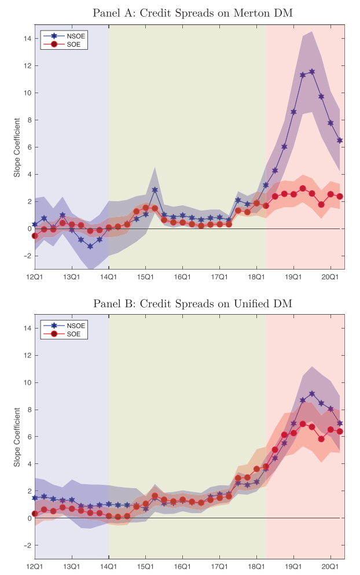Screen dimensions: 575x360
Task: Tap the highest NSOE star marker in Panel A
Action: pos(312,72)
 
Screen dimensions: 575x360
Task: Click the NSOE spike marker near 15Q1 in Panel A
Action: pos(155,190)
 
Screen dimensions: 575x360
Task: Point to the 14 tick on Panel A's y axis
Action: pos(27,38)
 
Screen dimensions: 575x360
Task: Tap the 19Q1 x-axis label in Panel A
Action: pos(293,278)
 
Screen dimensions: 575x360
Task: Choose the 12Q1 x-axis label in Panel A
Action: pos(35,278)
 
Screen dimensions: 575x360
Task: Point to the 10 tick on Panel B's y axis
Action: pos(27,382)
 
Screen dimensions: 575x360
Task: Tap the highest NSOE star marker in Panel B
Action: pos(312,393)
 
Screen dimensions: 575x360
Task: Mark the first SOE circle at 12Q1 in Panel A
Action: pos(35,236)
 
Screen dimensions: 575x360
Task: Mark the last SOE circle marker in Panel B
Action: pos(340,432)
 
